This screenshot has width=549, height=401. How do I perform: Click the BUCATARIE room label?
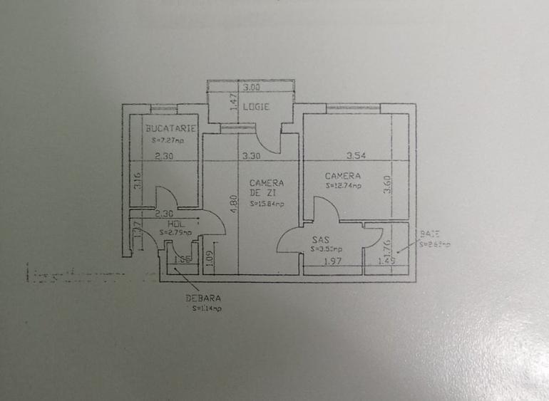tap(170, 129)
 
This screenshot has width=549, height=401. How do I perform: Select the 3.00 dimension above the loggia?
tap(250, 88)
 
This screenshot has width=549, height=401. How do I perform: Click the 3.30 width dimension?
tap(250, 155)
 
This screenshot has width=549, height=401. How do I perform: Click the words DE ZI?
tap(260, 192)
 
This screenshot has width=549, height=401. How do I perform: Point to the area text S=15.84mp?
tap(267, 204)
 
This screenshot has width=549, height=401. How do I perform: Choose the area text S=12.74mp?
tap(344, 186)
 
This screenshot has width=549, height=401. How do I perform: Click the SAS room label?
tap(319, 241)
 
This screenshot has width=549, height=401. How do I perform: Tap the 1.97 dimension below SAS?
tap(334, 261)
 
